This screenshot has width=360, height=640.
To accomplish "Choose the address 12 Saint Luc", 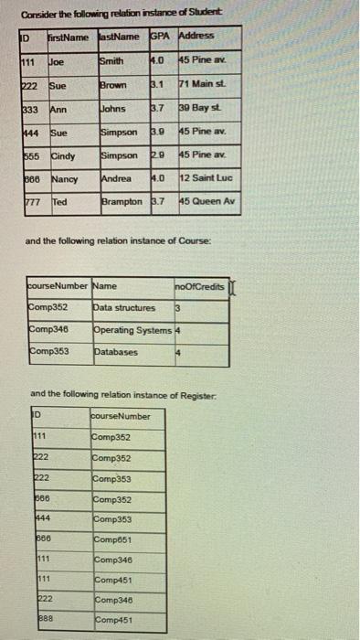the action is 206,178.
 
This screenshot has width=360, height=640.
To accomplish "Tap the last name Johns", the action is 115,108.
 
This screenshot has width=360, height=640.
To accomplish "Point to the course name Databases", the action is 115,351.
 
